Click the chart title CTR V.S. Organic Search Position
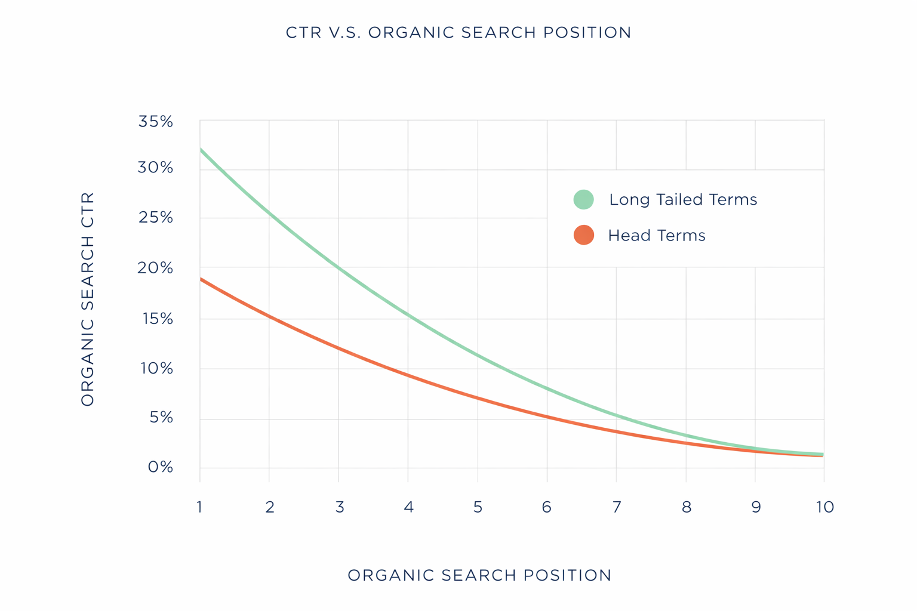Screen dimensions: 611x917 pyautogui.click(x=458, y=32)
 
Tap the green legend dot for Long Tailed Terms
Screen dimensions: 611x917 pyautogui.click(x=583, y=199)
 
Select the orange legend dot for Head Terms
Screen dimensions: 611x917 pyautogui.click(x=583, y=235)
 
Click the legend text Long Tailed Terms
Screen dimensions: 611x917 pyautogui.click(x=682, y=200)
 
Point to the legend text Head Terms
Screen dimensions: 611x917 pyautogui.click(x=656, y=236)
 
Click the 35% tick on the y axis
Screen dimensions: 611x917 pyautogui.click(x=156, y=122)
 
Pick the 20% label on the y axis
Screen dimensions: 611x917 pyautogui.click(x=156, y=269)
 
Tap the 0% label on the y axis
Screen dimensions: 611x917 pyautogui.click(x=161, y=467)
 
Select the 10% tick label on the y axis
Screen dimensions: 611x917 pyautogui.click(x=156, y=369)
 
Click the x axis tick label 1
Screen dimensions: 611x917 pyautogui.click(x=199, y=507)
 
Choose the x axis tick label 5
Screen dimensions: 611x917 pyautogui.click(x=478, y=507)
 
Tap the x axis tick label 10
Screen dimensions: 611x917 pyautogui.click(x=824, y=507)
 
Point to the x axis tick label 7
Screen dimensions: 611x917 pyautogui.click(x=617, y=507)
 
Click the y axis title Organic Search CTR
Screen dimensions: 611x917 pyautogui.click(x=88, y=299)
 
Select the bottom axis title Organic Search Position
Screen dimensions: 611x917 pyautogui.click(x=479, y=575)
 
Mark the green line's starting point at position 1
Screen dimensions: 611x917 pyautogui.click(x=201, y=149)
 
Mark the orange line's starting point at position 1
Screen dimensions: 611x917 pyautogui.click(x=201, y=279)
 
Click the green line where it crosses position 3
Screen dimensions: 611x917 pyautogui.click(x=339, y=268)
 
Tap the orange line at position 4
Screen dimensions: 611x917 pyautogui.click(x=408, y=375)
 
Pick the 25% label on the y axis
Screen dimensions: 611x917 pyautogui.click(x=156, y=218)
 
